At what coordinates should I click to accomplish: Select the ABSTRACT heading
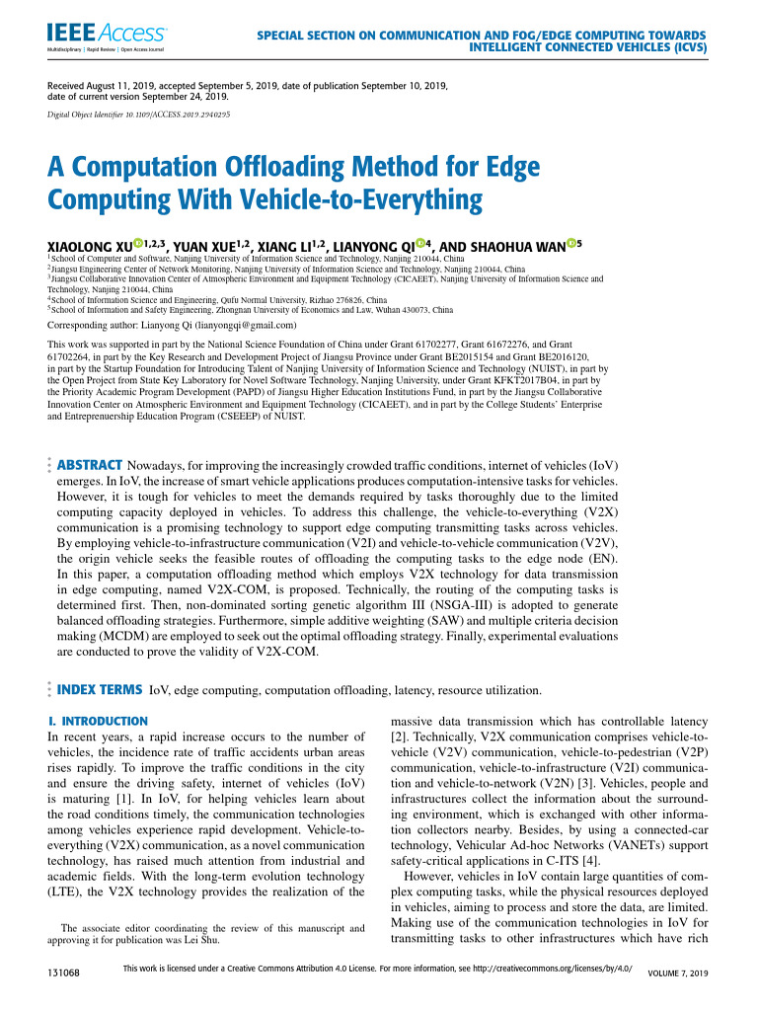89,464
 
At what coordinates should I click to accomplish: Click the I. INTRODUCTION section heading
98,721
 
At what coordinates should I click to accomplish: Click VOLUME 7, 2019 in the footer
678,974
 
